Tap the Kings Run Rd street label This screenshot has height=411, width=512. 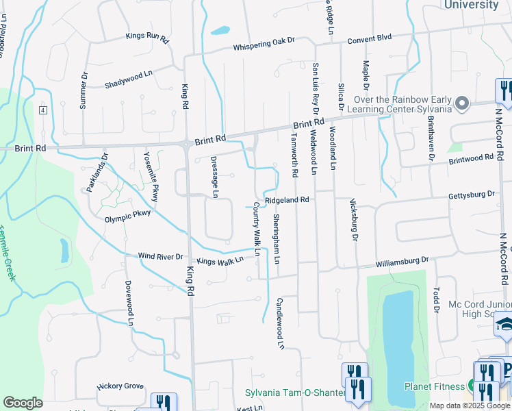pyautogui.click(x=146, y=37)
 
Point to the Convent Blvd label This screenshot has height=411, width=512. pyautogui.click(x=369, y=38)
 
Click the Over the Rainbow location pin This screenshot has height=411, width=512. pyautogui.click(x=463, y=103)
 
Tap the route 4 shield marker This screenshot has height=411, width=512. pyautogui.click(x=42, y=110)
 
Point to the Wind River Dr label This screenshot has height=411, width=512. pyautogui.click(x=161, y=257)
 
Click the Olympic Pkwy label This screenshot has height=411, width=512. pyautogui.click(x=127, y=219)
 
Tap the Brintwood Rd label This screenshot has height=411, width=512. pyautogui.click(x=471, y=158)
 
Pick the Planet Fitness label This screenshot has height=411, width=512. pyautogui.click(x=434, y=386)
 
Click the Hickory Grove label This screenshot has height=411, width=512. pyautogui.click(x=120, y=386)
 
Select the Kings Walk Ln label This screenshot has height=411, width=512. pyautogui.click(x=220, y=260)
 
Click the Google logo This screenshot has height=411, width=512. pyautogui.click(x=23, y=403)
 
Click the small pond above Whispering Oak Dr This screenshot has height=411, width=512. pyautogui.click(x=220, y=30)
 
